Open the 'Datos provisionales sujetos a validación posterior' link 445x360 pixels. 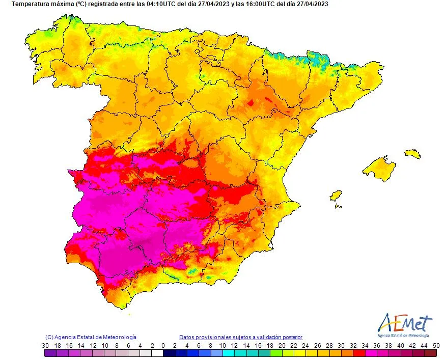[x=241, y=337]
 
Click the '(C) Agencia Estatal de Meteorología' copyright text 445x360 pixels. [x=91, y=337]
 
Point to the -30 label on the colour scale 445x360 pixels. [x=44, y=345]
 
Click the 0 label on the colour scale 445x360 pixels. [x=163, y=345]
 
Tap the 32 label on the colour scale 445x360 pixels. [x=352, y=345]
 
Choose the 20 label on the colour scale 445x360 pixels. [x=281, y=345]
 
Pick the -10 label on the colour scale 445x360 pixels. [x=103, y=345]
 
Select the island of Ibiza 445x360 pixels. [x=336, y=196]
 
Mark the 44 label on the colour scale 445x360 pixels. [x=411, y=345]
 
